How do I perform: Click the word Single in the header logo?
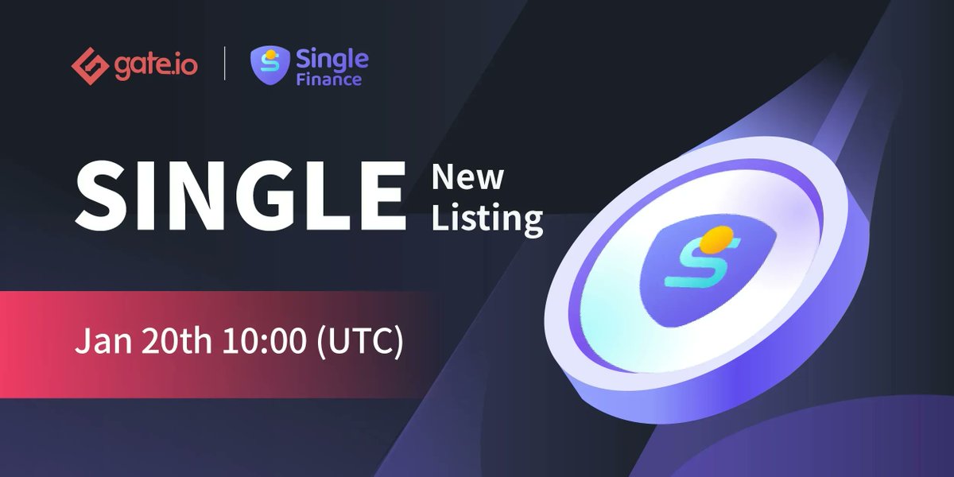click(x=332, y=58)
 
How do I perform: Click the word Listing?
click(x=487, y=218)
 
